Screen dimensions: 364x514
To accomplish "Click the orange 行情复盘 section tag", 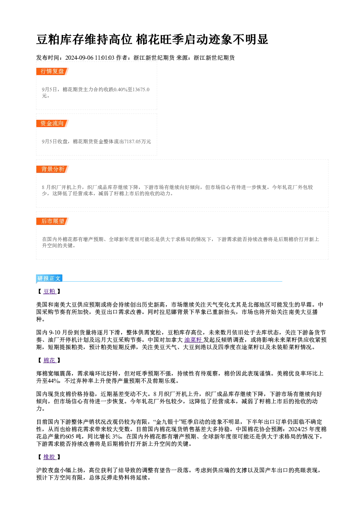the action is click(52, 71).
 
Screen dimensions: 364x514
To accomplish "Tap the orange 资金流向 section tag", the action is click(52, 123).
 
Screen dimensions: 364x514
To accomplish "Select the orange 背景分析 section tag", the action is click(52, 169).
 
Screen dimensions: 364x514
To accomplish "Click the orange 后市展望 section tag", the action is click(52, 221).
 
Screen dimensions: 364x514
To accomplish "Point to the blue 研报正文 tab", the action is click(49, 278).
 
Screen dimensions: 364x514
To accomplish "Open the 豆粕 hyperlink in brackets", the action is click(50, 291).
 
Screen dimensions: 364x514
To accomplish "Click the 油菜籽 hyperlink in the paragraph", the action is click(193, 340).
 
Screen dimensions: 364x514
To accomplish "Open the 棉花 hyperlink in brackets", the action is click(50, 360).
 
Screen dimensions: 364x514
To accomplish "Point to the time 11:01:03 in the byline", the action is click(105, 58).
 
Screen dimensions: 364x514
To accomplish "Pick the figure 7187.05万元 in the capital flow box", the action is click(138, 141).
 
